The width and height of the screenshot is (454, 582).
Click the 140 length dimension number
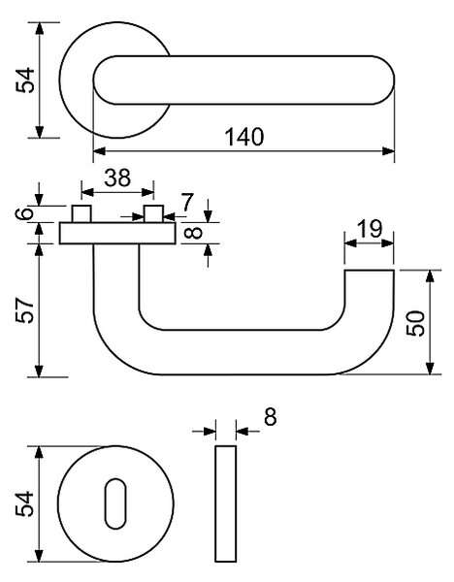pyautogui.click(x=244, y=137)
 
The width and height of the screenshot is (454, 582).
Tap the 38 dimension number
pyautogui.click(x=117, y=178)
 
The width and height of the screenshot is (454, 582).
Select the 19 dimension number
pyautogui.click(x=369, y=229)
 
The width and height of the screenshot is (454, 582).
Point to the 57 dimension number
pyautogui.click(x=25, y=309)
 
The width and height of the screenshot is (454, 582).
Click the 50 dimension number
pyautogui.click(x=415, y=323)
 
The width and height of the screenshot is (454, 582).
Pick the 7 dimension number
pyautogui.click(x=187, y=203)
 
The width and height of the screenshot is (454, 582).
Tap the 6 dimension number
pyautogui.click(x=24, y=213)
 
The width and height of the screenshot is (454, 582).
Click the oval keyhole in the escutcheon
pyautogui.click(x=115, y=503)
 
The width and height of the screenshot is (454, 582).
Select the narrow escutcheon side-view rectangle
pyautogui.click(x=225, y=503)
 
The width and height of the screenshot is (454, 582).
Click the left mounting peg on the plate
pyautogui.click(x=81, y=213)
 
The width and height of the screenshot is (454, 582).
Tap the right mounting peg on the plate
pyautogui.click(x=153, y=213)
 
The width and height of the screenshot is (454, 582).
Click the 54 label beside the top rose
pyautogui.click(x=25, y=81)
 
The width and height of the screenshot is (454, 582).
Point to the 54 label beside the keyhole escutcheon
pyautogui.click(x=24, y=503)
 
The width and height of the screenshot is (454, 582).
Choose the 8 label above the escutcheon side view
pyautogui.click(x=271, y=416)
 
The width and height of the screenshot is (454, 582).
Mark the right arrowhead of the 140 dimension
pyautogui.click(x=388, y=151)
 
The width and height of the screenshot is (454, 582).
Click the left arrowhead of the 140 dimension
pyautogui.click(x=99, y=151)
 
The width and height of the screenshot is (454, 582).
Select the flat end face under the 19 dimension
pyautogui.click(x=369, y=271)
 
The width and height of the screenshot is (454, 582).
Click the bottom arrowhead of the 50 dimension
pyautogui.click(x=430, y=368)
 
